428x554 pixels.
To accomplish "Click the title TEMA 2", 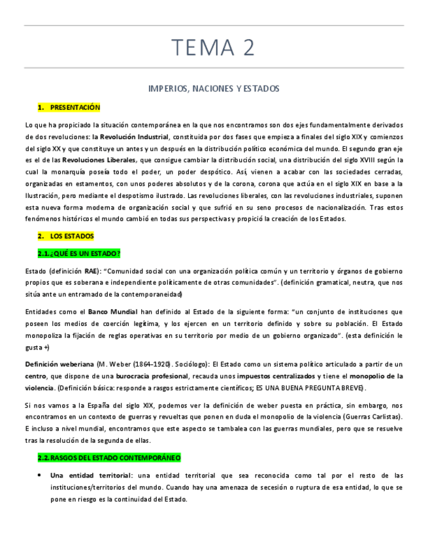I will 214,47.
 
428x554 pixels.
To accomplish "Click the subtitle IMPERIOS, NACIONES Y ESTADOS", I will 214,88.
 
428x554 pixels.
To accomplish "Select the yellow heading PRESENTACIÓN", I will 75,107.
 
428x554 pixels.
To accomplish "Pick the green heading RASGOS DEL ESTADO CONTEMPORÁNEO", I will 115,458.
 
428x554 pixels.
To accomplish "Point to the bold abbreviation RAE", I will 91,270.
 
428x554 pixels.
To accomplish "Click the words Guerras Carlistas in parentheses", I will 376,416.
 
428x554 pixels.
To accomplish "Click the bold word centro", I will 35,376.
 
